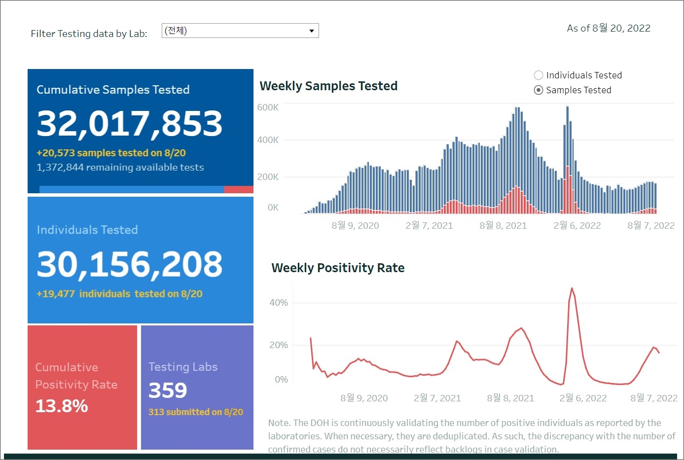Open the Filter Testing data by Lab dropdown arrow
[x=311, y=31]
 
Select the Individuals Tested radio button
[x=539, y=75]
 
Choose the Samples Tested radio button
[x=539, y=90]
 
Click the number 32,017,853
[x=130, y=123]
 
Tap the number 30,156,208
[x=130, y=264]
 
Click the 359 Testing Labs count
[x=168, y=390]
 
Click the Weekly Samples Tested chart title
[x=328, y=86]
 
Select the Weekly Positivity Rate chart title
[x=338, y=268]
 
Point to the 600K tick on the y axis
[x=268, y=107]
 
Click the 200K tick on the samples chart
[x=268, y=177]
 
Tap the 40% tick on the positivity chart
[x=279, y=303]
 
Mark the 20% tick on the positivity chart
[x=279, y=345]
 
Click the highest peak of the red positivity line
[x=572, y=288]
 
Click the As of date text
[x=609, y=29]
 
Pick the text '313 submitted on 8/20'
[x=196, y=412]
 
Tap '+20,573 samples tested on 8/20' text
[x=111, y=153]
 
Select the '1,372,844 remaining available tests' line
[x=120, y=168]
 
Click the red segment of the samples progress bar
[x=239, y=190]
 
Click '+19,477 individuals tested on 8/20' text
[x=119, y=294]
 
